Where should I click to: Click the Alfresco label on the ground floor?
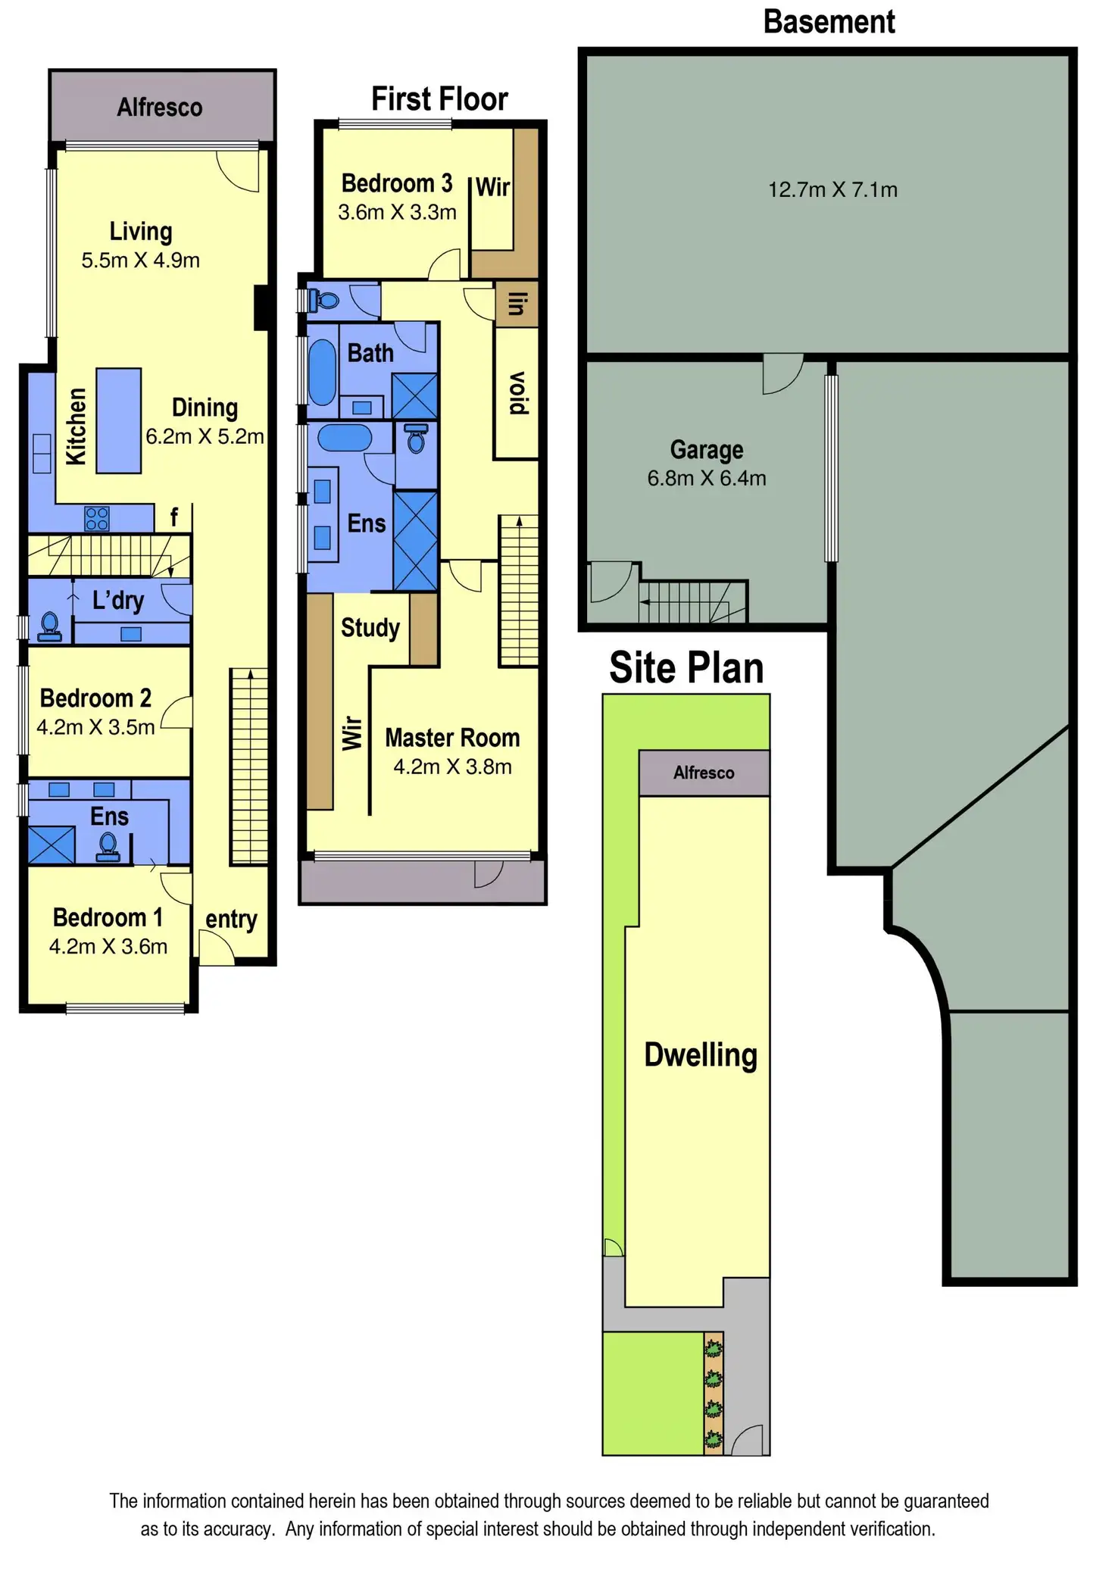pyautogui.click(x=160, y=108)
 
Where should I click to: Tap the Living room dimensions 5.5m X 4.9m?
pyautogui.click(x=141, y=261)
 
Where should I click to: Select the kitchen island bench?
pyautogui.click(x=118, y=420)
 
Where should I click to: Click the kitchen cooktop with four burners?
pyautogui.click(x=97, y=518)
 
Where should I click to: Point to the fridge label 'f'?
pyautogui.click(x=174, y=517)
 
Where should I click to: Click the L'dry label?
pyautogui.click(x=118, y=601)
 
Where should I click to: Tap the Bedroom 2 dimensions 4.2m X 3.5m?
pyautogui.click(x=95, y=727)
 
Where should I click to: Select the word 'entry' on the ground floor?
pyautogui.click(x=231, y=920)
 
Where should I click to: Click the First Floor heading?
pyautogui.click(x=439, y=99)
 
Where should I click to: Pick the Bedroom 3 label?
pyautogui.click(x=396, y=183)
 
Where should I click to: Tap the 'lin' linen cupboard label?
pyautogui.click(x=517, y=304)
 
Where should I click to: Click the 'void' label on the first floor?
pyautogui.click(x=517, y=392)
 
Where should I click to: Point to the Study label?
pyautogui.click(x=370, y=628)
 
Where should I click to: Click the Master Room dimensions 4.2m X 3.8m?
pyautogui.click(x=452, y=767)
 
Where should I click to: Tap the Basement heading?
pyautogui.click(x=829, y=22)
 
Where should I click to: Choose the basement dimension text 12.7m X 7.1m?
pyautogui.click(x=832, y=189)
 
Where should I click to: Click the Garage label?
pyautogui.click(x=707, y=450)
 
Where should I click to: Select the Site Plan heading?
pyautogui.click(x=686, y=668)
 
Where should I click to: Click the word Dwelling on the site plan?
pyautogui.click(x=701, y=1055)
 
